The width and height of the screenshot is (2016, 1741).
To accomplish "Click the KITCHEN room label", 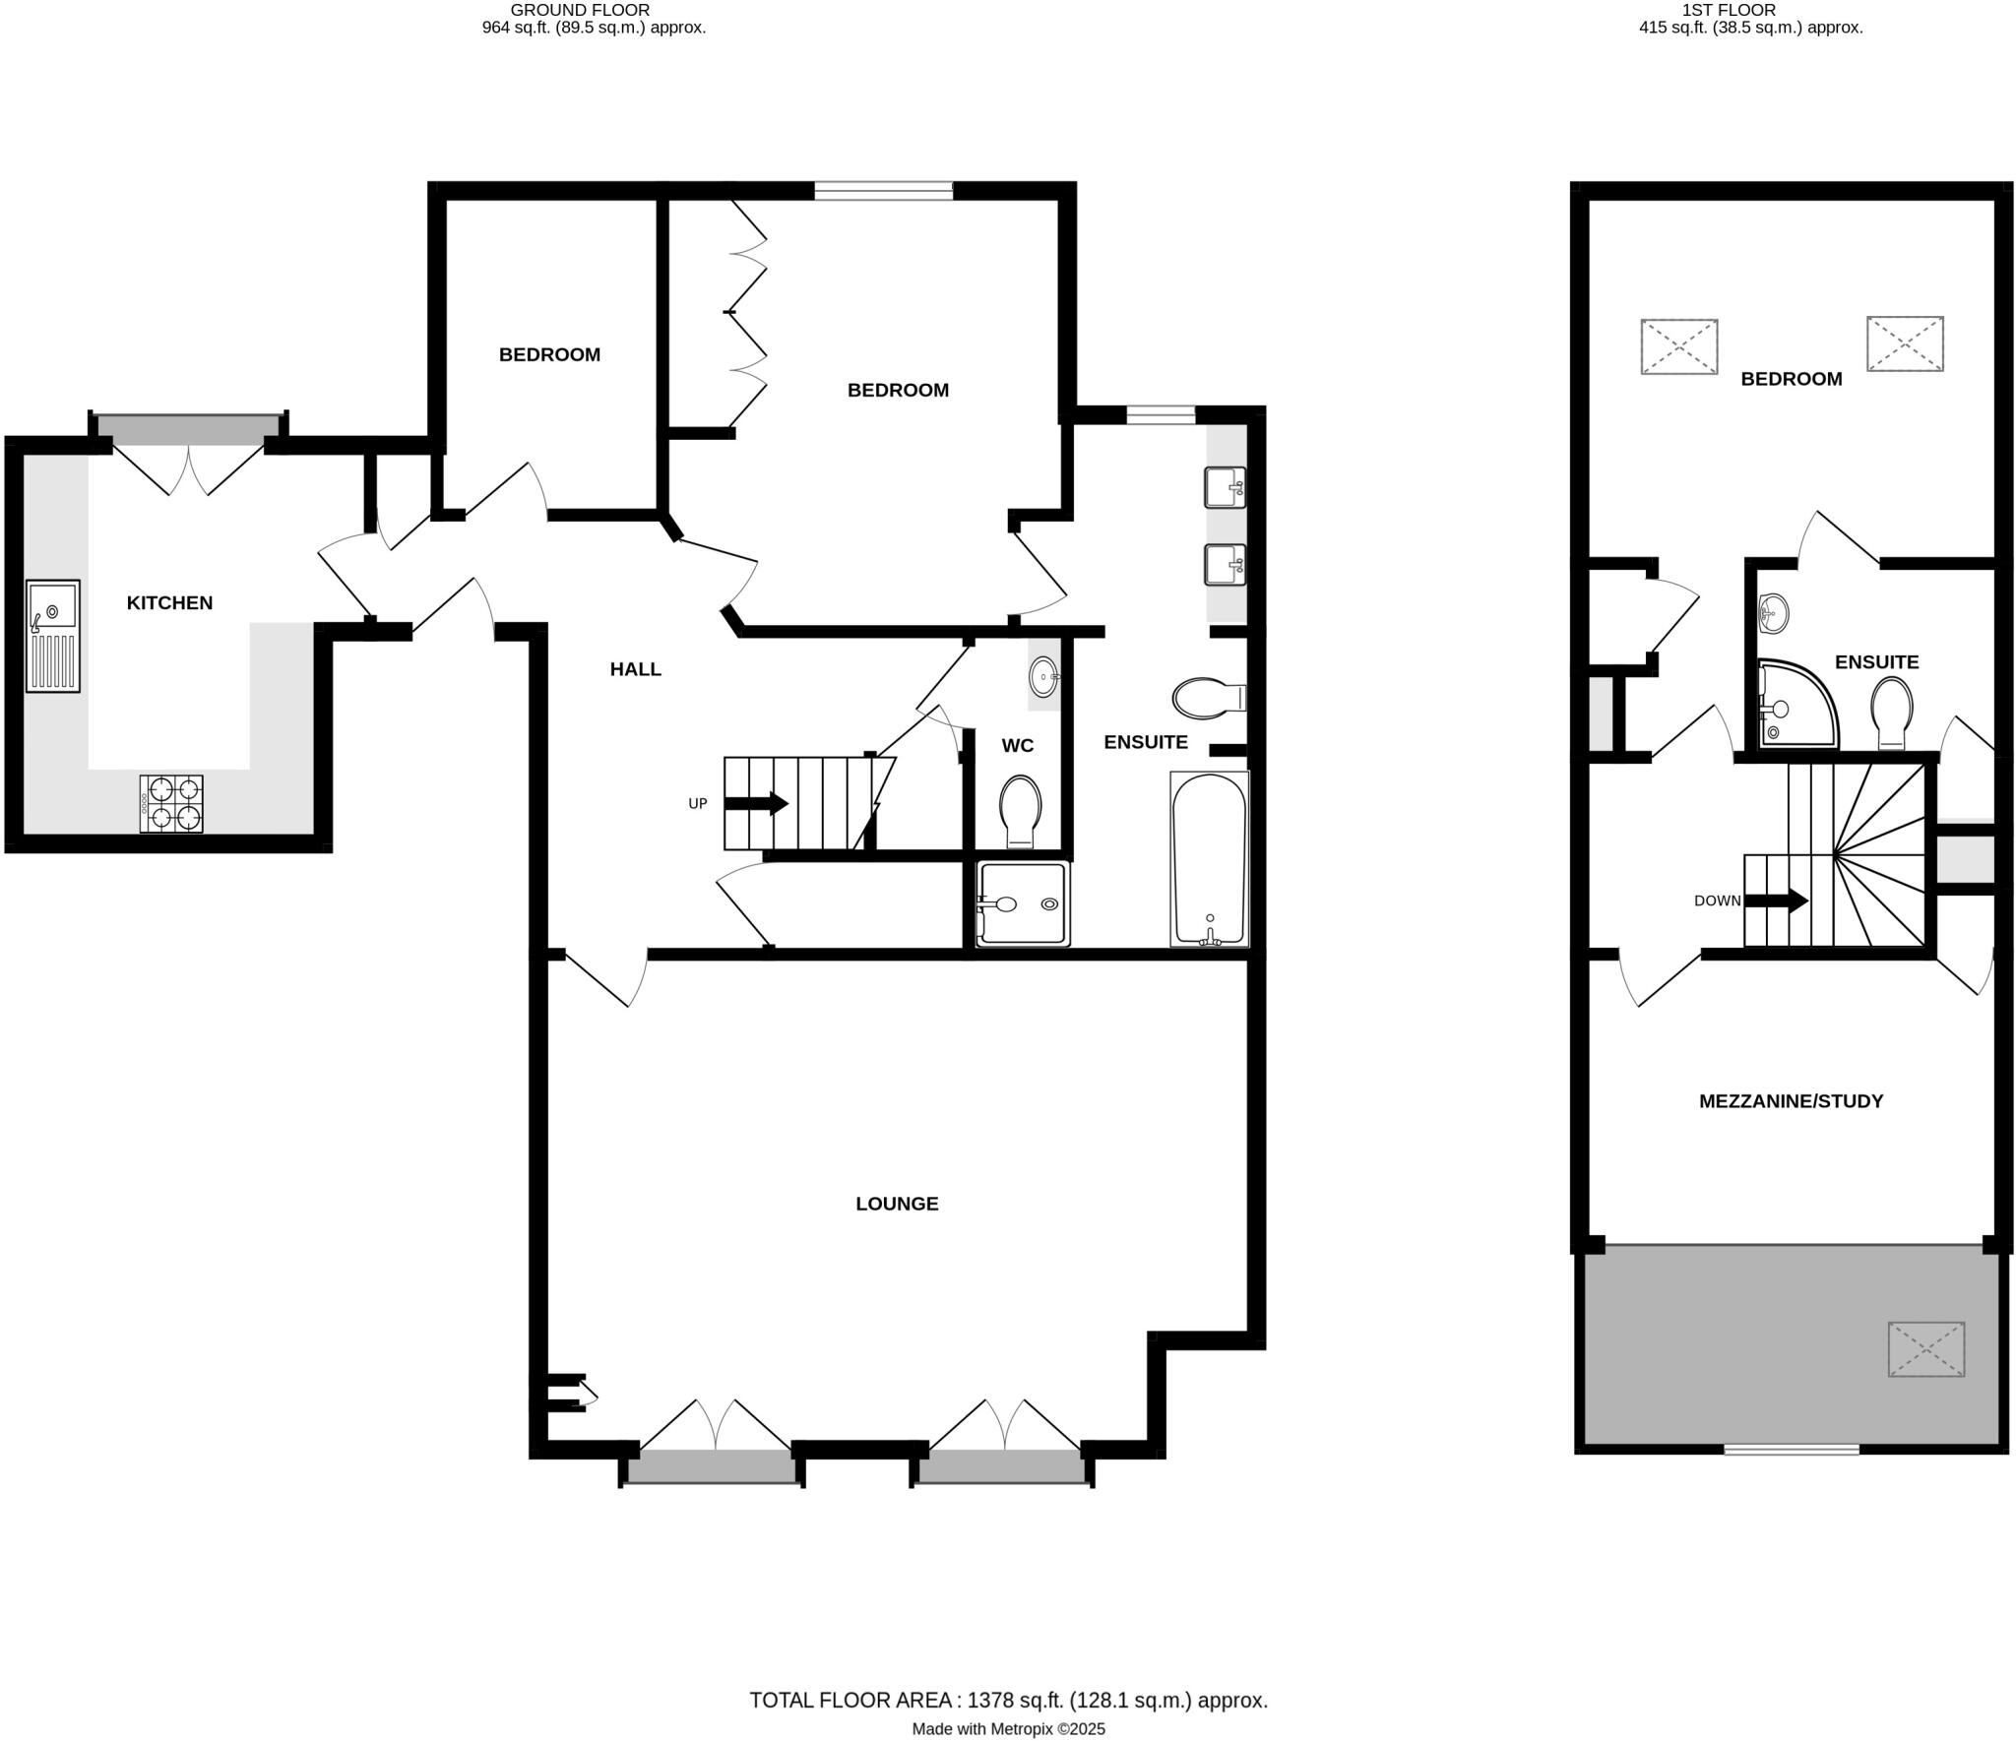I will [x=169, y=602].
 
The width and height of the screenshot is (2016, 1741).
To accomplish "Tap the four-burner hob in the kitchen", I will [x=171, y=803].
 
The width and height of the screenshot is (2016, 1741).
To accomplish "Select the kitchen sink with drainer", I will [x=53, y=636].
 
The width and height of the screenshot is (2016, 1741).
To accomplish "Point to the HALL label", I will [x=635, y=669].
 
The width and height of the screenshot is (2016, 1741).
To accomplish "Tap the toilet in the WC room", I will [x=1020, y=811].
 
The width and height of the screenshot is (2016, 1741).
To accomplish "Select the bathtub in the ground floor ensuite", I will [x=1209, y=858].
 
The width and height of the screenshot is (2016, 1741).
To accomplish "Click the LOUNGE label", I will [x=897, y=1204].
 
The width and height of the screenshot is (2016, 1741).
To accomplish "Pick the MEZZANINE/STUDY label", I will [x=1791, y=1101].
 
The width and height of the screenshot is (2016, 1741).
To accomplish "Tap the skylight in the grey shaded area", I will [x=1925, y=1348].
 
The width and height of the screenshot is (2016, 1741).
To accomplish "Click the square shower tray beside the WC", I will [x=1022, y=903].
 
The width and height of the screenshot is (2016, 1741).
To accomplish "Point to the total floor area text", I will [x=1008, y=1700].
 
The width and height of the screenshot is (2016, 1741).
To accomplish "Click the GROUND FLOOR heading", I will [x=580, y=10].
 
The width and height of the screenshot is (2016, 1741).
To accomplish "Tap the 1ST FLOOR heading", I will [x=1742, y=10].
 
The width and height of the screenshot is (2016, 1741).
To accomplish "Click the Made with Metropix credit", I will [x=1008, y=1728].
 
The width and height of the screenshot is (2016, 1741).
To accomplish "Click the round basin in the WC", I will [x=1043, y=676].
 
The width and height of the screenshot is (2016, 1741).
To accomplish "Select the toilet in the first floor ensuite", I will [x=1891, y=711].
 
